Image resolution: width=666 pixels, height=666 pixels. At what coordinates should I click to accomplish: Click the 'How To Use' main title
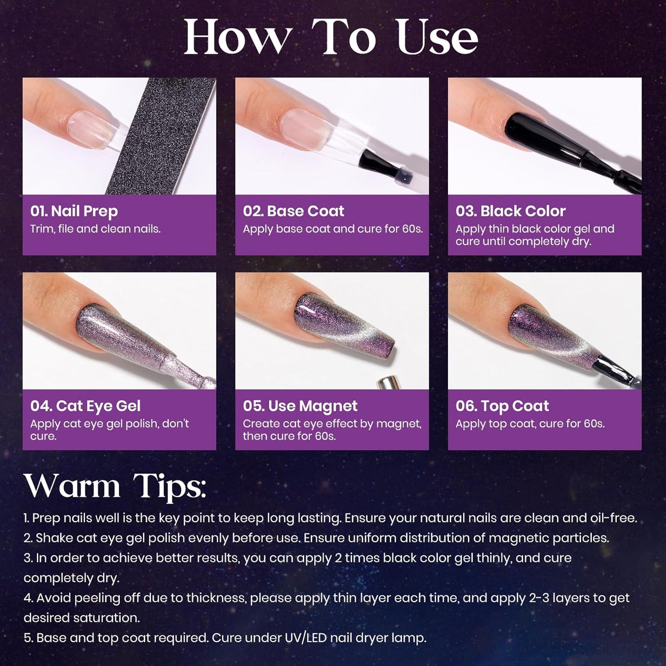[x=331, y=37]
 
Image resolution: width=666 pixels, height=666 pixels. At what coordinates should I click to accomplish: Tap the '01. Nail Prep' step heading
[x=74, y=211]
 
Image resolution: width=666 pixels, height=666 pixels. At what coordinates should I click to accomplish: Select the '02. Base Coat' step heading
[x=294, y=211]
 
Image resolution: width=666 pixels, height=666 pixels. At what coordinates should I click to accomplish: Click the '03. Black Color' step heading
[x=511, y=211]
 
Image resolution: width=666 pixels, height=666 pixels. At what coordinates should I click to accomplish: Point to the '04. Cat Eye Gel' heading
[x=85, y=406]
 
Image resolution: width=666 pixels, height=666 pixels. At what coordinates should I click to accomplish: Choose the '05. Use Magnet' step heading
[x=300, y=406]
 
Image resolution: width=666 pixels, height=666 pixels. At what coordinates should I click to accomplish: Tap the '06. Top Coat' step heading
[x=502, y=406]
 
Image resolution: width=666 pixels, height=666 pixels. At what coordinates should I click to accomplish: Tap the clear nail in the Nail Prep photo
[x=92, y=128]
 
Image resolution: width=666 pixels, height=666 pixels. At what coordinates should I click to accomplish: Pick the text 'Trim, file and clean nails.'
[x=95, y=229]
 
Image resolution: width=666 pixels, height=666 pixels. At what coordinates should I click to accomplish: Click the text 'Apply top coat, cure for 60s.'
[x=530, y=424]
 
